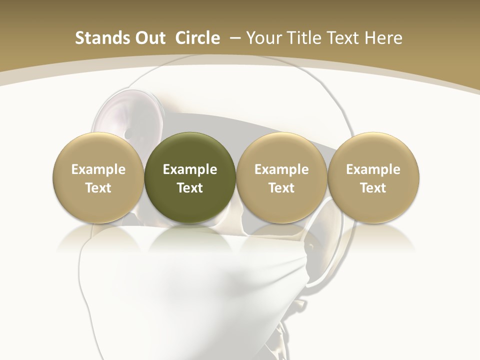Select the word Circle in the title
coord(197,38)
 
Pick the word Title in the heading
coord(304,38)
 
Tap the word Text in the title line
coord(345,38)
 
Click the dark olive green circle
coord(190,150)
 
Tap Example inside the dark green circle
coord(190,169)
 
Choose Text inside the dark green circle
coord(190,188)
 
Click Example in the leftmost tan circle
coord(98,169)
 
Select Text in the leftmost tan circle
coord(98,188)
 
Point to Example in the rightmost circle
coord(373,169)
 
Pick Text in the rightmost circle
coord(373,188)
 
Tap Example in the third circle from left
coord(281,169)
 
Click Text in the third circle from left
coord(281,188)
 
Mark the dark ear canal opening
coord(129,133)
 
